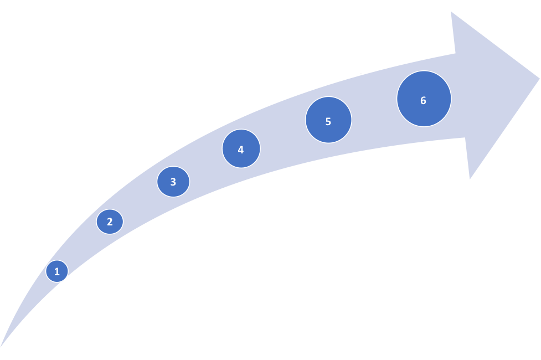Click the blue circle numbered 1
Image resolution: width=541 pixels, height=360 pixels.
(x=57, y=271)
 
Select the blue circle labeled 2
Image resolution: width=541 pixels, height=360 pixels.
(x=110, y=222)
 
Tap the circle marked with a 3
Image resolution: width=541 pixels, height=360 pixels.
(x=173, y=182)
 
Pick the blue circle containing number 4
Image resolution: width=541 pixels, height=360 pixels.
(x=241, y=148)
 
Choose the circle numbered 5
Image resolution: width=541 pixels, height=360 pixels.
(x=328, y=120)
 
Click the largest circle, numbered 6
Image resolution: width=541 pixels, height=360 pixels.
(x=424, y=99)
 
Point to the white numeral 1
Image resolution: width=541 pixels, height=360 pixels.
(x=57, y=271)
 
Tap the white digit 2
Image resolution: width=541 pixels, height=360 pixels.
(x=110, y=222)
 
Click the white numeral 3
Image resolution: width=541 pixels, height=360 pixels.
(x=173, y=182)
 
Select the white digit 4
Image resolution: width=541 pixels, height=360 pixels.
(x=241, y=150)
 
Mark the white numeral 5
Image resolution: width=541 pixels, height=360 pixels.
(x=328, y=121)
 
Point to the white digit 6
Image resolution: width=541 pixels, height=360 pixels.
(x=424, y=100)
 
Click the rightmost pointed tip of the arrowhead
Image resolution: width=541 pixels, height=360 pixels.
(x=540, y=79)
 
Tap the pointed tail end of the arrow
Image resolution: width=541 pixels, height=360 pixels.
(x=1, y=347)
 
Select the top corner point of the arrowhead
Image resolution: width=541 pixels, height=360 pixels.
(x=451, y=12)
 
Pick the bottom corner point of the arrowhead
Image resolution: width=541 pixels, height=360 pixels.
(x=470, y=179)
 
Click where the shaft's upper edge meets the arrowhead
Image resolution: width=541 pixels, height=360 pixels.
(x=455, y=54)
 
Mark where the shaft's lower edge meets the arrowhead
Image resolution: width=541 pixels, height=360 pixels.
(x=465, y=137)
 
